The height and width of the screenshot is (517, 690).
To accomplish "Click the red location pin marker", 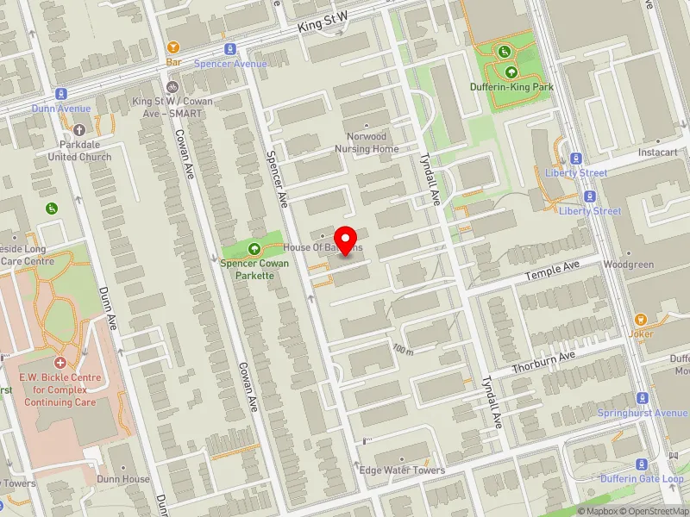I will click(x=346, y=239).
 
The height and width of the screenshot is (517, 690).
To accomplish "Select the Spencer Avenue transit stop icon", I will click(x=229, y=49).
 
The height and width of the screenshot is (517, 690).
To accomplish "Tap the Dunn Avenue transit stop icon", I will click(x=61, y=94).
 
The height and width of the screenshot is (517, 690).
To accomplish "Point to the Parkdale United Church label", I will click(x=79, y=151).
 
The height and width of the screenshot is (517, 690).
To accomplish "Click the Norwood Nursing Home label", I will click(x=367, y=142).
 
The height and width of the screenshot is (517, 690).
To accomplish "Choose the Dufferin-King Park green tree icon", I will click(x=511, y=72).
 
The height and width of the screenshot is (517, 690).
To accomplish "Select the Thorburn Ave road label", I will click(x=543, y=363).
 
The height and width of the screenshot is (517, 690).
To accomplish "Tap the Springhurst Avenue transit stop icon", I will click(x=642, y=398).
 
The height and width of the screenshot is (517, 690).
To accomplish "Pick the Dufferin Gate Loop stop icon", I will click(x=642, y=464).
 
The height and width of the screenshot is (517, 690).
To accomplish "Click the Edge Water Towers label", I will click(x=402, y=470).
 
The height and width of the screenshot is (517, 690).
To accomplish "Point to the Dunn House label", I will click(x=123, y=479).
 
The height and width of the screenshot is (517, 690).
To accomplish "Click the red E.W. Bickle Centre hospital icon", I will click(x=60, y=363).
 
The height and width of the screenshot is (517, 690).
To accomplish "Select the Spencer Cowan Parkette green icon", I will click(x=254, y=249).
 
